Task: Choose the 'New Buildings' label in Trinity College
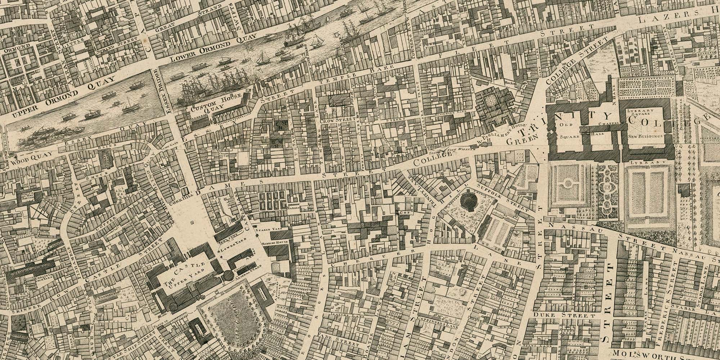click(x=646, y=136)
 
